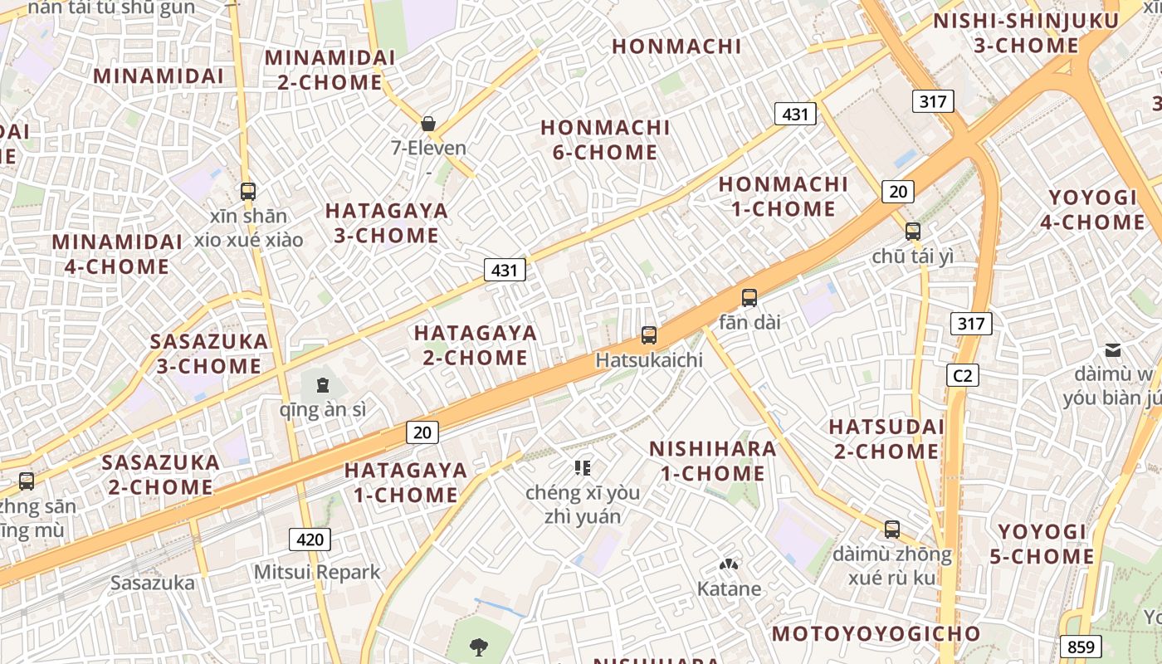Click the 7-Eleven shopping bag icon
pos(428,124)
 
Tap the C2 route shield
pos(962,375)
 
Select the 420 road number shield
pos(310,539)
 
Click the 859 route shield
pos(1081,647)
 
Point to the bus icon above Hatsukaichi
pos(649,335)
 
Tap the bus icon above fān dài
pos(749,297)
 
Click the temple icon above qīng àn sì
pos(323,385)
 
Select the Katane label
pos(729,589)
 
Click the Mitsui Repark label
pos(317,572)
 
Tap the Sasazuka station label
pos(153,583)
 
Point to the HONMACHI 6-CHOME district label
pos(605,140)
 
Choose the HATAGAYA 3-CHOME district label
pos(386,223)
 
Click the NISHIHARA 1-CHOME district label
pos(712,461)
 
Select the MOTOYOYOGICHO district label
pos(876,634)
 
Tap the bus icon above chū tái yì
pos(913,232)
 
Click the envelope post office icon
pos(1112,350)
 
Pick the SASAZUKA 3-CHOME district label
pos(208,354)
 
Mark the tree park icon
pos(478,647)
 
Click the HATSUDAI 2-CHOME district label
pos(886,439)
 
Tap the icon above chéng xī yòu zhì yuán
pos(583,468)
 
